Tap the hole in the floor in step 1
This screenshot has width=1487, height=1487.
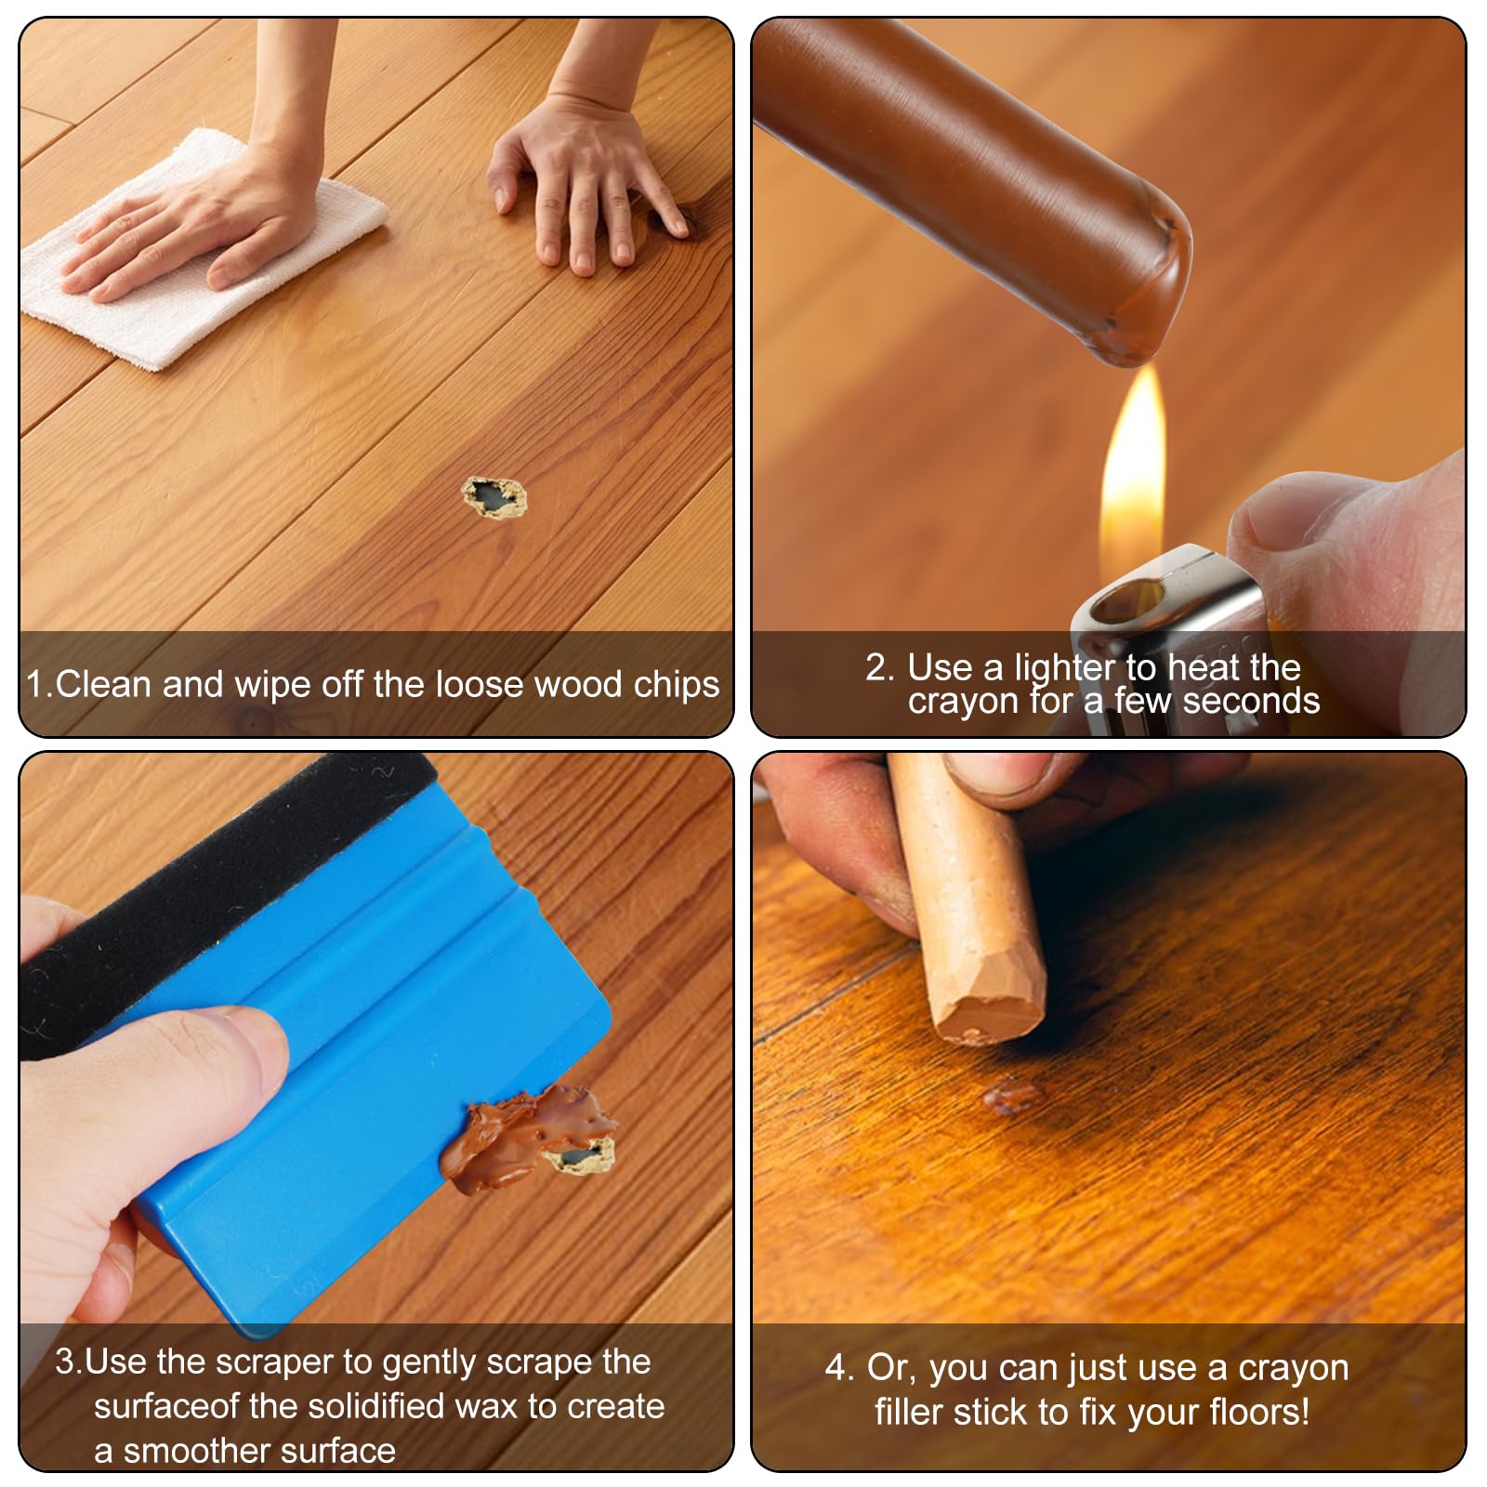(494, 498)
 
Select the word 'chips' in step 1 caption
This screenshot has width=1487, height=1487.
(676, 685)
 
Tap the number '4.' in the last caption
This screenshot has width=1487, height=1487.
(839, 1368)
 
